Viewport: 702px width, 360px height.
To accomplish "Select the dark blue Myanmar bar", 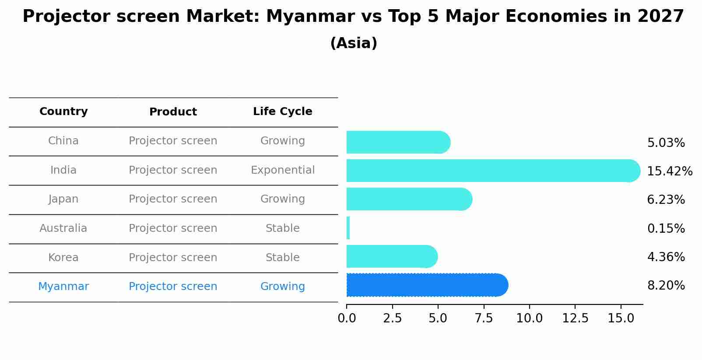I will point(427,285).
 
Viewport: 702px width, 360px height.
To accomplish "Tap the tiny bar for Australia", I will point(348,228).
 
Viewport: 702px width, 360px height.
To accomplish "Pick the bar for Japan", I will point(409,199).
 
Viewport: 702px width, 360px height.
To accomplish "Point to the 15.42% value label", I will point(669,171).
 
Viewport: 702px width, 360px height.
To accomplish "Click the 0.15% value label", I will point(666,228).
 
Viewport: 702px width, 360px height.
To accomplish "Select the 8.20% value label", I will point(666,286).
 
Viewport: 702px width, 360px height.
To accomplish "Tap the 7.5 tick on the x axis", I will point(484,318).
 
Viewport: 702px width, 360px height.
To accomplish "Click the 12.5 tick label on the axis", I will point(575,318).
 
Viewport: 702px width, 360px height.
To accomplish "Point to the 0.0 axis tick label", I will point(347,318).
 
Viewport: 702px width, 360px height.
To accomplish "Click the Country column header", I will point(63,112).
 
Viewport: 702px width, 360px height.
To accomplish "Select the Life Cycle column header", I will point(282,112).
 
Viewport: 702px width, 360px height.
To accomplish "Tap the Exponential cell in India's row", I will point(282,170).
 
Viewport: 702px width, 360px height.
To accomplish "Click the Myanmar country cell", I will point(63,287).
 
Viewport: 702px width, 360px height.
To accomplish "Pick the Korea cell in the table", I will point(63,258).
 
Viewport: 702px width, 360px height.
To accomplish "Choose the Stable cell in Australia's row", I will point(282,228).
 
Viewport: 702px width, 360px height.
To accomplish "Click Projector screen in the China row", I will point(173,141).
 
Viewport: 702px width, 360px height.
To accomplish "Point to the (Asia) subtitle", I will point(353,43).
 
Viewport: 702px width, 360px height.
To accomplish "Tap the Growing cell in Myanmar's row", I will point(282,287).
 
